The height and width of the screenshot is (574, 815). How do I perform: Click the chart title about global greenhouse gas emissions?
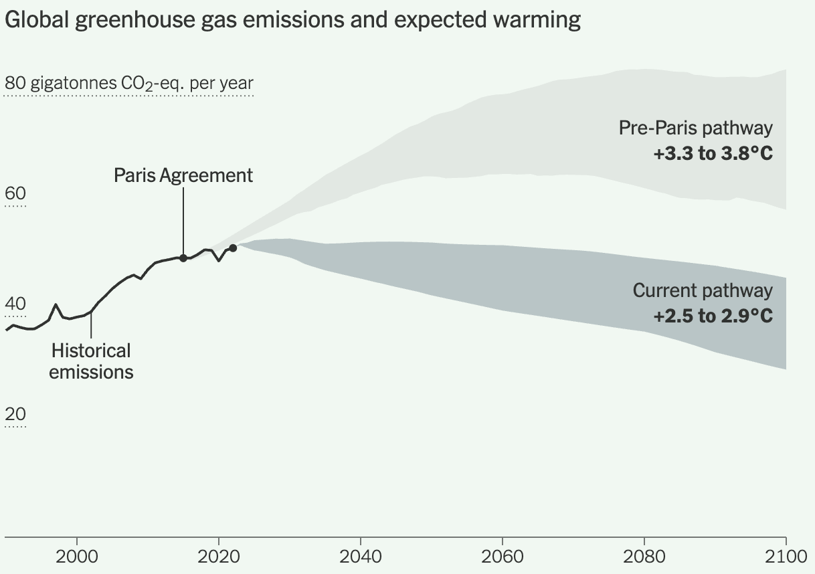[292, 20]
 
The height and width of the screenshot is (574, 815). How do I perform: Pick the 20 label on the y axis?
[15, 415]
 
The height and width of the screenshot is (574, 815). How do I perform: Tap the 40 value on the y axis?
[15, 304]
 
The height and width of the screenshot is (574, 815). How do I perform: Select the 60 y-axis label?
[15, 194]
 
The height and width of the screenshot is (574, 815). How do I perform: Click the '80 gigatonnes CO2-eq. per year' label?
[129, 84]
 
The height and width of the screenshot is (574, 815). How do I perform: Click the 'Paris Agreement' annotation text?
[183, 175]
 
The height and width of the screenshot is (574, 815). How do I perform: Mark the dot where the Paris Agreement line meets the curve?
[183, 258]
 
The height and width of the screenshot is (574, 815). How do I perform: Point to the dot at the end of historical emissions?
[233, 248]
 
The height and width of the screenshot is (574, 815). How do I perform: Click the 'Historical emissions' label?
[91, 361]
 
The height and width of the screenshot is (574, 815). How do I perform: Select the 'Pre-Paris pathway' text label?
[695, 128]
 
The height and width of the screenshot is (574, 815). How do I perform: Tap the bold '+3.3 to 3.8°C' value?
[713, 154]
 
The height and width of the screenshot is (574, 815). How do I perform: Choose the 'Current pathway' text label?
[703, 291]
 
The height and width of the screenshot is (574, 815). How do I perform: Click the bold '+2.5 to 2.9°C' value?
[713, 316]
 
